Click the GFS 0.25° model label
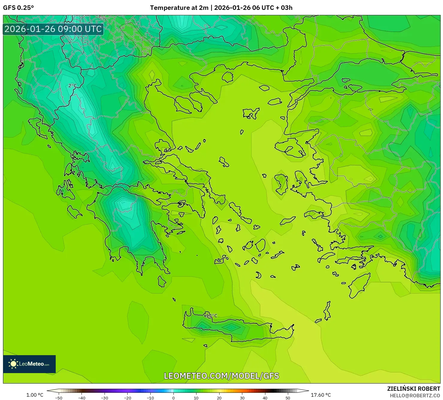[18, 8]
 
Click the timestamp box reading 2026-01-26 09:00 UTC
[53, 29]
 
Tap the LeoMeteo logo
[29, 364]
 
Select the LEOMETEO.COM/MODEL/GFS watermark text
[221, 376]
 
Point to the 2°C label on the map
[72, 86]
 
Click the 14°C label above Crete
[211, 316]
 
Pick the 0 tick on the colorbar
[173, 398]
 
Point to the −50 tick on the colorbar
[59, 398]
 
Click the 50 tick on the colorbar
[288, 398]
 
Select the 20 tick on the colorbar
[219, 398]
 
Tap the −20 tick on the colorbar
[128, 398]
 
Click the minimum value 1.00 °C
[35, 395]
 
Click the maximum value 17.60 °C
[321, 395]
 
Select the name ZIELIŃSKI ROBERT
[414, 389]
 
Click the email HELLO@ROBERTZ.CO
[415, 395]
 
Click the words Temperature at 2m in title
[179, 8]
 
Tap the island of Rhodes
[359, 286]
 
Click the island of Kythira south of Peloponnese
[162, 281]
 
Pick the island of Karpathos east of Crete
[327, 311]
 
